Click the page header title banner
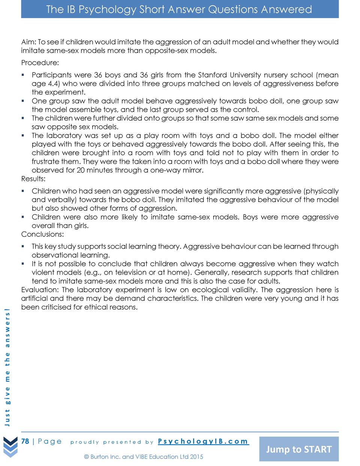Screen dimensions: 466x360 pyautogui.click(x=179, y=9)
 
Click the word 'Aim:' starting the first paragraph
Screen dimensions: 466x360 pyautogui.click(x=28, y=42)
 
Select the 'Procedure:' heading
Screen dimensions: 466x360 pyautogui.click(x=40, y=63)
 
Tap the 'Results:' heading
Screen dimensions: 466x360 pyautogui.click(x=33, y=179)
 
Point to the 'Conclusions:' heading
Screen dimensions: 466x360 pyautogui.click(x=42, y=234)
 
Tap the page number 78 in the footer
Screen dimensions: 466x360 pyautogui.click(x=25, y=441)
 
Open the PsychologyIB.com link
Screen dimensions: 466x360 pyautogui.click(x=203, y=441)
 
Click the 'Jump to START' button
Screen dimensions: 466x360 pyautogui.click(x=299, y=449)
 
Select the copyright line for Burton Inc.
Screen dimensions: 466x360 pyautogui.click(x=144, y=457)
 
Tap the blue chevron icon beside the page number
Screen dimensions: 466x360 pyautogui.click(x=10, y=446)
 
